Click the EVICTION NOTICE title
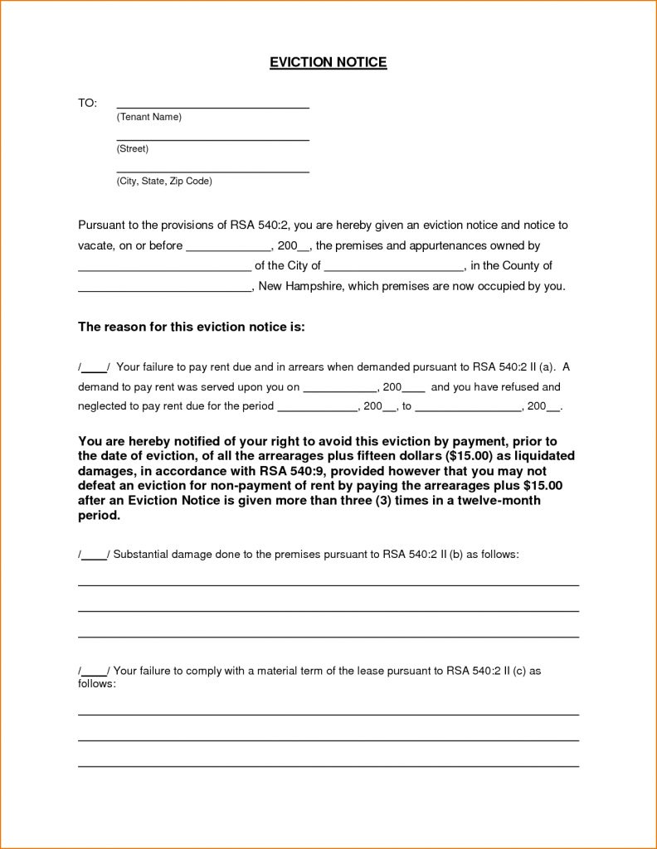(328, 62)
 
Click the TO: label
(87, 103)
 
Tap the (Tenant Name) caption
(148, 117)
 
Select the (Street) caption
(133, 148)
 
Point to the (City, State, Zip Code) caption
(164, 180)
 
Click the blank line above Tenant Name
(212, 106)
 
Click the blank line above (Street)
(212, 138)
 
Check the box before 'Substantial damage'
(94, 555)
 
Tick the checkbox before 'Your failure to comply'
(94, 671)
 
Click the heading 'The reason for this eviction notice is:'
(192, 327)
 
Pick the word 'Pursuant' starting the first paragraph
(101, 226)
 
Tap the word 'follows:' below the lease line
(97, 684)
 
